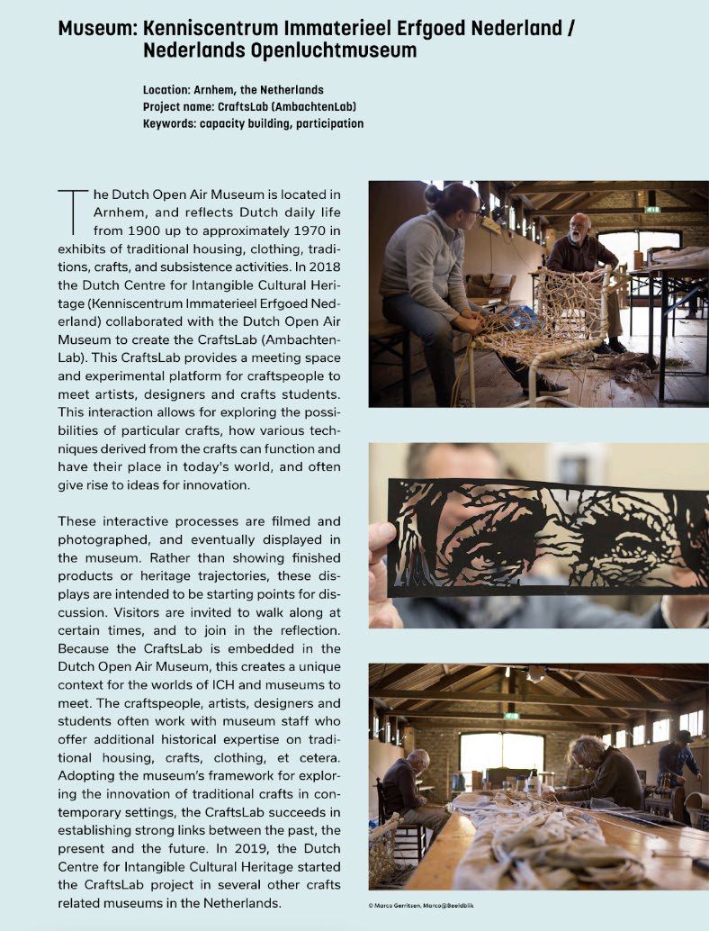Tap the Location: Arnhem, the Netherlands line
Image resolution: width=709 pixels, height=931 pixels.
coord(233,90)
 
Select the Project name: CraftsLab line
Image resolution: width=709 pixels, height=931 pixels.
coord(249,106)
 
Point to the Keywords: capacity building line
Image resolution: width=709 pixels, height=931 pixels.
coord(253,122)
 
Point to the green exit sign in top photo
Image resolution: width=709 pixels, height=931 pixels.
coord(652,210)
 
